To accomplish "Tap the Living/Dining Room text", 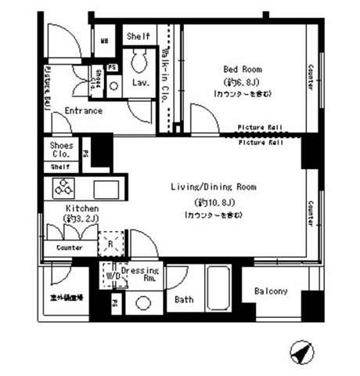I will coord(214,187).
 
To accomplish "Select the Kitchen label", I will coord(81,209).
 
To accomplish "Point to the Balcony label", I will coord(271,292).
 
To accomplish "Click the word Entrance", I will coord(84,111).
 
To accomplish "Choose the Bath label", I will coord(184,299).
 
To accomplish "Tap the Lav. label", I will coord(141,81).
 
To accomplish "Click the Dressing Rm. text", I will coord(141,273).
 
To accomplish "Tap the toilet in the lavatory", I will coord(142,60).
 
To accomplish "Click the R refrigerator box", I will coord(110,244).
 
